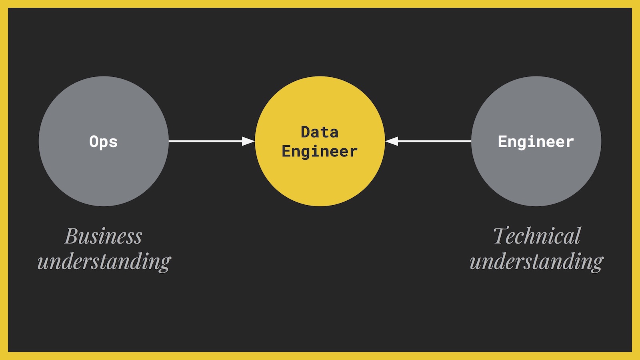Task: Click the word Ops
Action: tap(103, 142)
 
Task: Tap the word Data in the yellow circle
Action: tap(320, 132)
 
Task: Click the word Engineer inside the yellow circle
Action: tap(320, 152)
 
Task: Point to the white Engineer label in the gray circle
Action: tap(536, 142)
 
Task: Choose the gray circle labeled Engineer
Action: tap(536, 176)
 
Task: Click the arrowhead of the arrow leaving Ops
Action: tap(249, 141)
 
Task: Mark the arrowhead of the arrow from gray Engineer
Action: tap(392, 141)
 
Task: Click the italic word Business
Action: tap(103, 236)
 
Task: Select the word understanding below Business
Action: tap(104, 262)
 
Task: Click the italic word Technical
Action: tap(536, 236)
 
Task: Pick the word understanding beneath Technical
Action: tap(536, 262)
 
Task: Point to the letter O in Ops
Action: tap(94, 141)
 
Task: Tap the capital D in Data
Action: tap(306, 132)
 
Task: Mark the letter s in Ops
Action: tap(113, 143)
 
